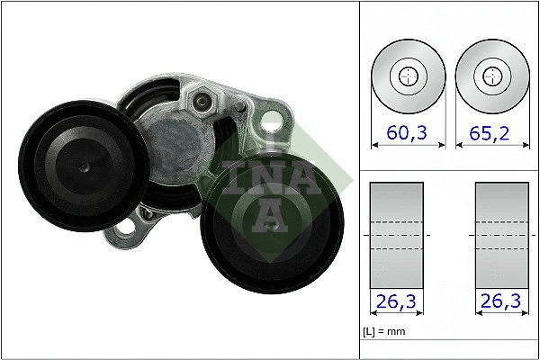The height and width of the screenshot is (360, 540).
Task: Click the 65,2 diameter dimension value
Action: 490,133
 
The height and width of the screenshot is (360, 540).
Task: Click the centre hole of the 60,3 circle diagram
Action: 408,76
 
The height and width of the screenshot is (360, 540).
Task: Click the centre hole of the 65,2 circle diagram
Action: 490,76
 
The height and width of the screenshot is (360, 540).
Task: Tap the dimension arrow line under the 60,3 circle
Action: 408,147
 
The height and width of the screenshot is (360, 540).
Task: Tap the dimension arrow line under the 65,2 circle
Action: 490,147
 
